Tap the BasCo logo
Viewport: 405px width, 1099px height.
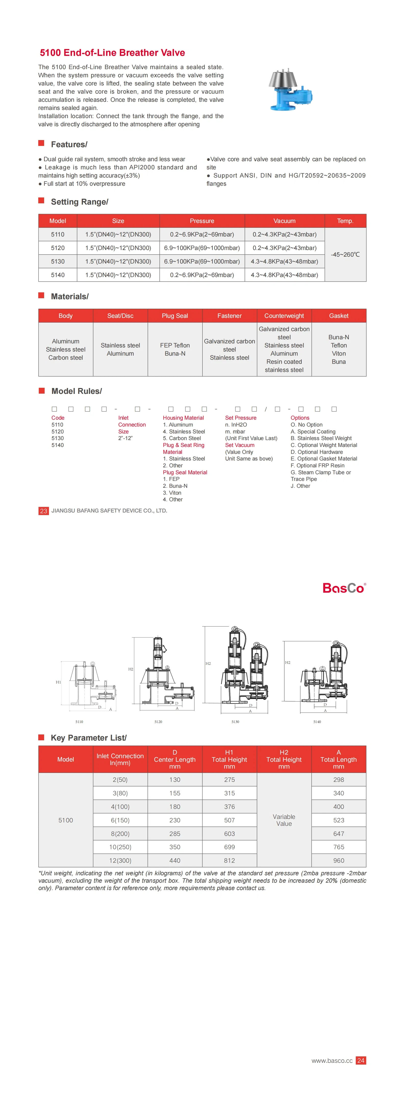coord(344,588)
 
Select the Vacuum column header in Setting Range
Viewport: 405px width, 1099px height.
coord(284,221)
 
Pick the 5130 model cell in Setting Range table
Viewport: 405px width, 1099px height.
coord(58,261)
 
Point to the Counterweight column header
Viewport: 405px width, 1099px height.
coord(284,316)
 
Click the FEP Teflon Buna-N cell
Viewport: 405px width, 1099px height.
coord(175,349)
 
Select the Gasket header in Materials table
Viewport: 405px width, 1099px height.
coord(338,316)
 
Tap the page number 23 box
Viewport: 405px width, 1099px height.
coord(44,511)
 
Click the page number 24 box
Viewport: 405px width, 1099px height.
coord(361,1060)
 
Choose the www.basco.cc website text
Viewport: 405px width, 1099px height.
coord(332,1060)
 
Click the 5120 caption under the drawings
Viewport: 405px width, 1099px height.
coord(158,721)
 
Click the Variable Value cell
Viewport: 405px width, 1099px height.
coord(284,820)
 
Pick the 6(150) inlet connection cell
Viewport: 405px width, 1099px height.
coord(120,820)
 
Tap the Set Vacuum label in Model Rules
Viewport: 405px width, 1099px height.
coord(239,445)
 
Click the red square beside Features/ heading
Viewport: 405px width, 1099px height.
coord(41,143)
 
